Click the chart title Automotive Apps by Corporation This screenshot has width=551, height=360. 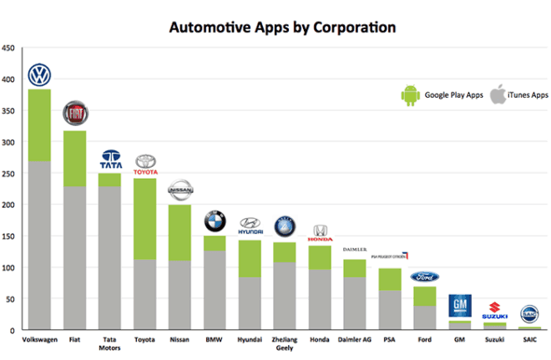coord(282,27)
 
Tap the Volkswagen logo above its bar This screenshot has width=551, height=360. coord(39,75)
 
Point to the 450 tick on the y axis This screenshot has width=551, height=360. coord(8,48)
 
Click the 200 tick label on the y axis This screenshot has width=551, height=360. coord(8,205)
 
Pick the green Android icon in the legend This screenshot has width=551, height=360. coord(410,95)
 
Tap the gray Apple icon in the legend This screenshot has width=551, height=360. coord(499,94)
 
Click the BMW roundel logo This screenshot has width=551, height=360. coord(215,221)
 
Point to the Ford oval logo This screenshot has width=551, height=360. coord(425,276)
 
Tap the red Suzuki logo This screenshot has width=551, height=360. coord(495,308)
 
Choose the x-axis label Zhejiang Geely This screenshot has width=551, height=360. coord(285,344)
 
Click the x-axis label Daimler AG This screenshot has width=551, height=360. coord(355,340)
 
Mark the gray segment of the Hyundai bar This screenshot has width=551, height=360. coord(250,301)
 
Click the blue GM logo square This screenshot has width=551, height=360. coord(460,305)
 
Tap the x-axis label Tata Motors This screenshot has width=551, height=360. coord(110,344)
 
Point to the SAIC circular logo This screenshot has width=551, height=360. coord(530,313)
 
